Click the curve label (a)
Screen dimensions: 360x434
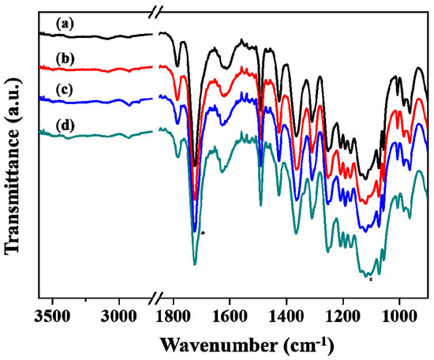(x=63, y=24)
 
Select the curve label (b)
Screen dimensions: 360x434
(x=64, y=58)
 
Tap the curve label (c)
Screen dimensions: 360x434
(x=63, y=91)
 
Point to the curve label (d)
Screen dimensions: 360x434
(x=64, y=123)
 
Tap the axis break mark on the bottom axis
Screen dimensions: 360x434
(x=155, y=299)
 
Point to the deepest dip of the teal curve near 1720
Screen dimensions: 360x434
(x=195, y=263)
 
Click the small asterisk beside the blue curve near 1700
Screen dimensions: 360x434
(x=203, y=233)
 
